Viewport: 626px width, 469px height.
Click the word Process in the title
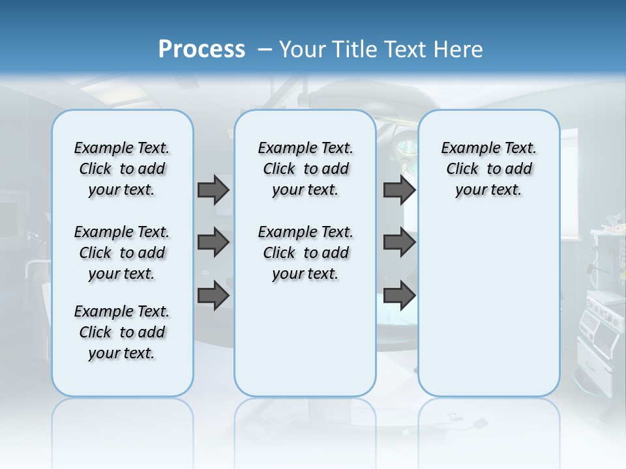tap(201, 50)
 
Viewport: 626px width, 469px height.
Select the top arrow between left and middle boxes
tap(213, 190)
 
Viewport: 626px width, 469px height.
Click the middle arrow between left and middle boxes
tap(213, 242)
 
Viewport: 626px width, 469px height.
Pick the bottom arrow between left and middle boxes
tap(213, 295)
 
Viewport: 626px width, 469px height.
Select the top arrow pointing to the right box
tap(399, 190)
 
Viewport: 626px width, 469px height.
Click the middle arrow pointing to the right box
tap(399, 242)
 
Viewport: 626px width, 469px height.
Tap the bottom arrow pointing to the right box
tap(399, 295)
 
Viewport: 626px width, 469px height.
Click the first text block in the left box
tap(122, 169)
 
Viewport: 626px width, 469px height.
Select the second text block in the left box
tap(122, 253)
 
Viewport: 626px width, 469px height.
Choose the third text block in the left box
tap(122, 332)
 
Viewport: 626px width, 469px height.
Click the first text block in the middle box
tap(305, 169)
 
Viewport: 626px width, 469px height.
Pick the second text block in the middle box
tap(305, 253)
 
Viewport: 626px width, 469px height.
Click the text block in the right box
tap(488, 169)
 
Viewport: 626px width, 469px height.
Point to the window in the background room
tap(569, 182)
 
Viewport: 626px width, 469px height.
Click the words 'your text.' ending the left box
tap(122, 353)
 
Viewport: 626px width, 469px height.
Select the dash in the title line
tap(264, 50)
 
